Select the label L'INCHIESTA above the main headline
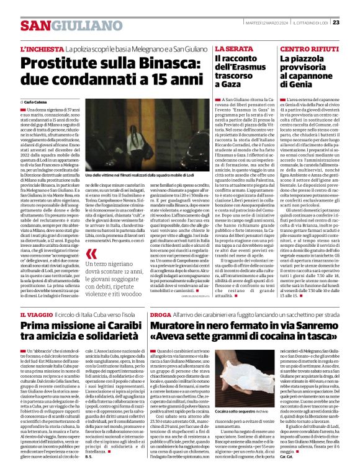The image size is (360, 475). click(42, 48)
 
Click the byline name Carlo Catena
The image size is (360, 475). click(39, 101)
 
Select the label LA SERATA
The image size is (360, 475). click(235, 48)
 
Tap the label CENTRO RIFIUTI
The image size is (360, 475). click(304, 48)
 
